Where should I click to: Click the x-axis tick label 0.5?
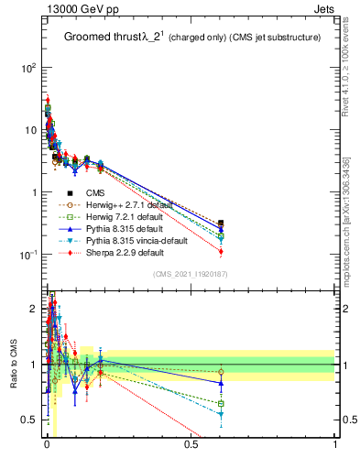(191, 444)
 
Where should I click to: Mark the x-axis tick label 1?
(335, 444)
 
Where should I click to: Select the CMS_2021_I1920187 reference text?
(190, 275)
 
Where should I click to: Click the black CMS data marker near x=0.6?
(221, 223)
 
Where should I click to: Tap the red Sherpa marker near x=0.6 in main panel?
(221, 252)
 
